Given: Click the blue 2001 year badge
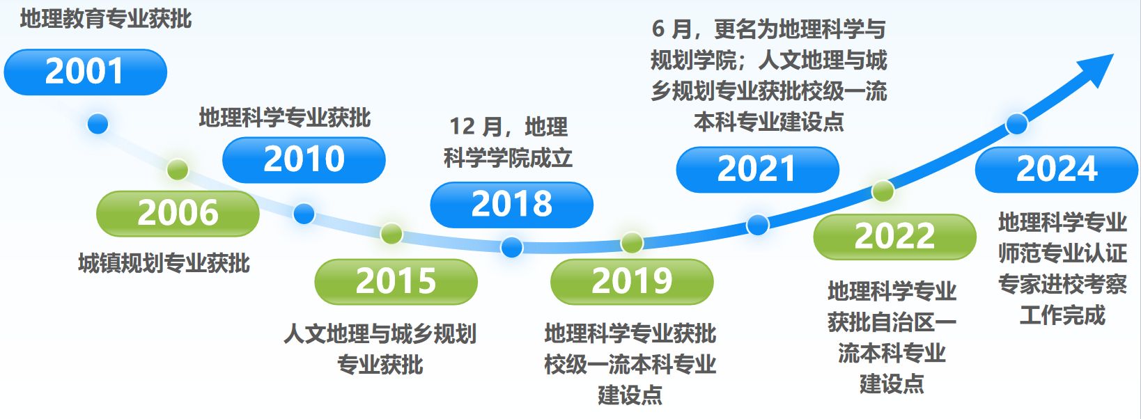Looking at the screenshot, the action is point(86,72).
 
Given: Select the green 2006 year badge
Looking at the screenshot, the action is point(178,213).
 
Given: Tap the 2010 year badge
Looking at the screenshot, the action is point(304,159).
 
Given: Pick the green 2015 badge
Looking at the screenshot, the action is point(396,282).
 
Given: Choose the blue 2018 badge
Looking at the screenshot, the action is point(512,205).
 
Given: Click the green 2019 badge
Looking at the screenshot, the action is point(632,282).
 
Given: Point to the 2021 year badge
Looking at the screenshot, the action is point(757,170).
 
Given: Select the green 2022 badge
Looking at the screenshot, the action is point(895,237).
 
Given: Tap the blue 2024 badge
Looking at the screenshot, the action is point(1057,170).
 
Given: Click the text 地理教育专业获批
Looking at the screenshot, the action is point(106,19).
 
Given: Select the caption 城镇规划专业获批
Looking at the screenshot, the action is point(164,263).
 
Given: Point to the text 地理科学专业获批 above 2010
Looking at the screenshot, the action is point(285,118).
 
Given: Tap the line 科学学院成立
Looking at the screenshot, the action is point(508,158).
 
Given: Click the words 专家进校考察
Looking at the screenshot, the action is point(1062,284).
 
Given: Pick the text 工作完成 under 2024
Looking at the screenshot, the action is point(1062,315).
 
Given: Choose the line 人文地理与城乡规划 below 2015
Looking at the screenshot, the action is point(380,334).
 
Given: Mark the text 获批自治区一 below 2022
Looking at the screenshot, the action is point(892,322).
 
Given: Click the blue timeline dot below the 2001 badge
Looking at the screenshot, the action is point(98,124).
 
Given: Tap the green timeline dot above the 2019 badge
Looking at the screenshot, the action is point(632,243).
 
